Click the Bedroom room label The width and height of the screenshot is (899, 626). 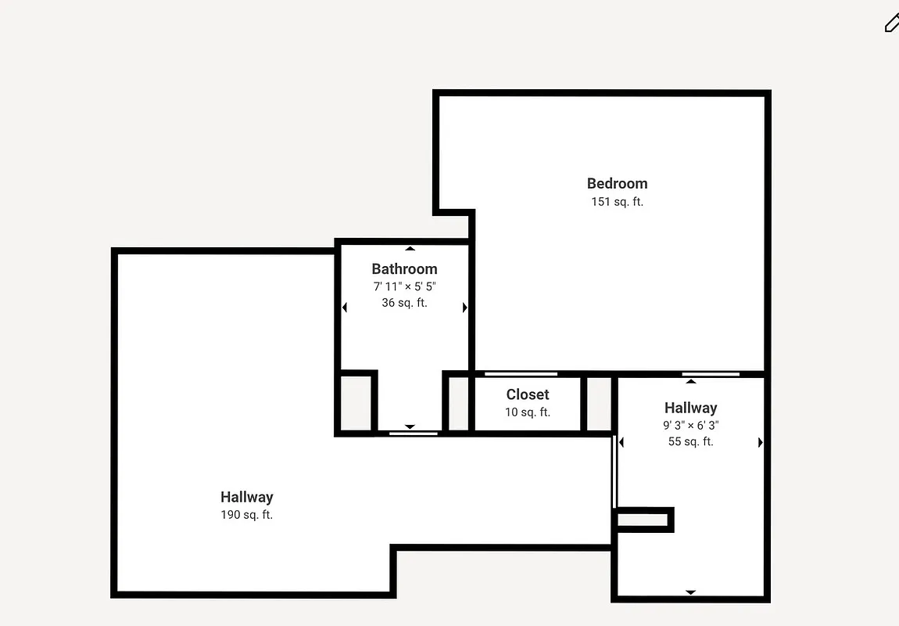(x=617, y=184)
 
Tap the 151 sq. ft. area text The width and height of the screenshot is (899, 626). (x=617, y=202)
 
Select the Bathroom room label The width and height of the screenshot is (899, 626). (x=404, y=269)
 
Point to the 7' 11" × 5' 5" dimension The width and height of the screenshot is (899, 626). (x=404, y=286)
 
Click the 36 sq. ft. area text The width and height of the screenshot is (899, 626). (x=404, y=303)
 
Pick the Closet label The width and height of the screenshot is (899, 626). (x=528, y=395)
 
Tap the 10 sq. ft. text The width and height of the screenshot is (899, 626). (x=528, y=412)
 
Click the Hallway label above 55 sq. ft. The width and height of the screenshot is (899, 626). (x=690, y=408)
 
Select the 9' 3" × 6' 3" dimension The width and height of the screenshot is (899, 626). (x=690, y=426)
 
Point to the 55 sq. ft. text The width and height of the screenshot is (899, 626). (x=690, y=442)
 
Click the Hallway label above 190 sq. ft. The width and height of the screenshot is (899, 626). (x=246, y=497)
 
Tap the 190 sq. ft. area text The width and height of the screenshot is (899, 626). (x=246, y=515)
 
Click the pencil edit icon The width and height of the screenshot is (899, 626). (x=891, y=23)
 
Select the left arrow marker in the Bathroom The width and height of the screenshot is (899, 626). (x=345, y=308)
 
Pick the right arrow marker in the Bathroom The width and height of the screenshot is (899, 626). (x=464, y=308)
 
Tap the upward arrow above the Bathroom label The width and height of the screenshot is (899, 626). (x=410, y=249)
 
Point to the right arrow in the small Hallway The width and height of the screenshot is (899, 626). (x=760, y=443)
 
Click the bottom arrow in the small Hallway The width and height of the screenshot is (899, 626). (x=690, y=592)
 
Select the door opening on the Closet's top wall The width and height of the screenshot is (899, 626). (x=521, y=374)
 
